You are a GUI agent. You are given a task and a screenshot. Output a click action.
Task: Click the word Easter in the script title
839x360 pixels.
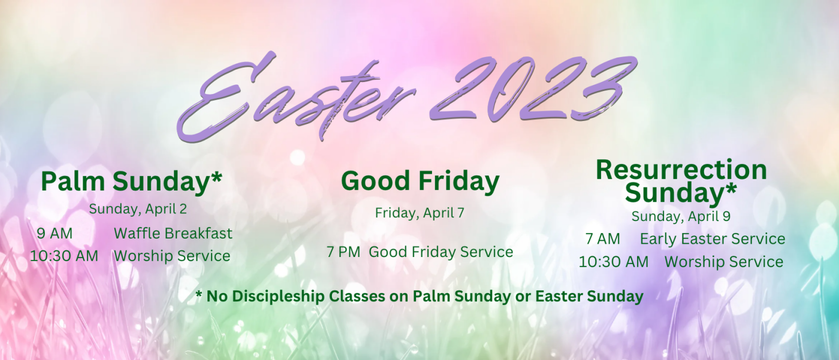pos(296,97)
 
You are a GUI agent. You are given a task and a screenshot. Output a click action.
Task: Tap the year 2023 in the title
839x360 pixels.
pos(534,90)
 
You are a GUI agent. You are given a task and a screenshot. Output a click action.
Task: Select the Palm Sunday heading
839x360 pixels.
pos(131,182)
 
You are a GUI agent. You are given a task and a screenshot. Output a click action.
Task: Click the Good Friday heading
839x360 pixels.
pos(420,181)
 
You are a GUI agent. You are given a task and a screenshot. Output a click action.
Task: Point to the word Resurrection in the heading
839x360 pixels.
pos(681,170)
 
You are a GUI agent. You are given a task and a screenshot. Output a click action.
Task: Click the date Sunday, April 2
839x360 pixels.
pos(138,209)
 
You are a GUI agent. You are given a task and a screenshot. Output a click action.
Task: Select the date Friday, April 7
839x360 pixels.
pos(419,213)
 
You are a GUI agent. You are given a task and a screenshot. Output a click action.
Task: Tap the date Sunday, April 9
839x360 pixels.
pos(681,216)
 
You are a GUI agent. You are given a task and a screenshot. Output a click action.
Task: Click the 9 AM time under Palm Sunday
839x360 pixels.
pos(55,234)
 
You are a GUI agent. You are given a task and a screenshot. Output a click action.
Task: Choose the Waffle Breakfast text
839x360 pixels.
pos(173,234)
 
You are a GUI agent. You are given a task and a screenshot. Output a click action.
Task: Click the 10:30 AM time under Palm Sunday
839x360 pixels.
pos(64,256)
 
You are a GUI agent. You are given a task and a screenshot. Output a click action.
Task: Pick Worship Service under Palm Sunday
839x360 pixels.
pos(172,256)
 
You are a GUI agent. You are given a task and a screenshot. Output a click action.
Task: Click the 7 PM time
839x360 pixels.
pos(343,252)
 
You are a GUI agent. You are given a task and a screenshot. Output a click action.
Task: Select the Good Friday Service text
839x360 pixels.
pos(441,252)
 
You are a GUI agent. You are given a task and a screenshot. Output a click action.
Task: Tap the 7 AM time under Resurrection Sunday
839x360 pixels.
pos(603,239)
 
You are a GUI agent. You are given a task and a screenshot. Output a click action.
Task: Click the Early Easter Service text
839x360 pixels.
pos(713,239)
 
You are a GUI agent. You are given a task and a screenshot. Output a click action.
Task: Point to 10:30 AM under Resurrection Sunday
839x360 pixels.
pos(614,262)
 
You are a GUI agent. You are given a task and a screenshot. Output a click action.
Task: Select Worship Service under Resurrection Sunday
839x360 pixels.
pos(724,262)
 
